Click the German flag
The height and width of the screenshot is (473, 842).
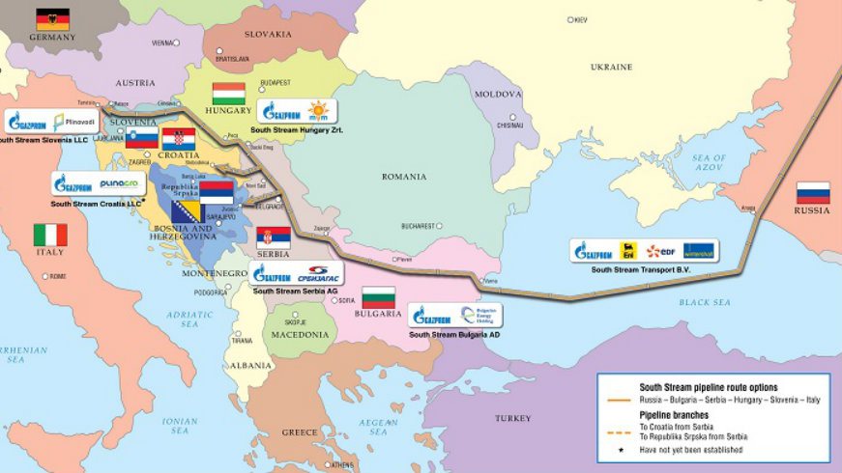click(52, 18)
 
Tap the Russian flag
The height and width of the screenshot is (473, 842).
click(813, 192)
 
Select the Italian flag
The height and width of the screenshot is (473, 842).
click(50, 235)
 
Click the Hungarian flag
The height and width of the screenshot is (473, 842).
click(229, 93)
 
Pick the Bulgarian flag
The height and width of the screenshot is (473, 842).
click(378, 297)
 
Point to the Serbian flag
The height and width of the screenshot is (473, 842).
click(274, 236)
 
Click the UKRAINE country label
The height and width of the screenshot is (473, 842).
click(611, 67)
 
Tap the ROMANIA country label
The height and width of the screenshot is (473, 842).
click(403, 177)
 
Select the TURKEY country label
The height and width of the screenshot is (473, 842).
click(512, 418)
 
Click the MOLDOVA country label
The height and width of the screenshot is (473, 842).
click(498, 94)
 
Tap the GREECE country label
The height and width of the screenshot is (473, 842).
click(300, 431)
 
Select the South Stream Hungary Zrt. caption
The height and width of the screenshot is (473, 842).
click(297, 128)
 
